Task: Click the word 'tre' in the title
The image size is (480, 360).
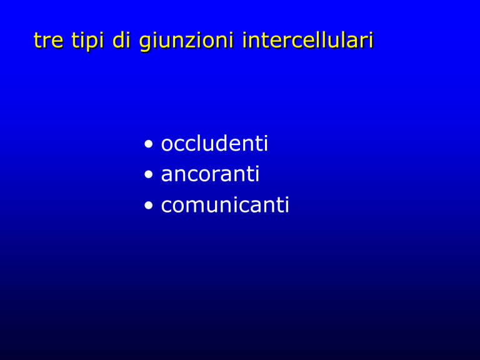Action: click(48, 41)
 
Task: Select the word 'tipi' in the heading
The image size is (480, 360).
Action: click(87, 41)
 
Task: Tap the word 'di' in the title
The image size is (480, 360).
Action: click(122, 40)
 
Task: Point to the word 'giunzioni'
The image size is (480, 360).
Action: click(186, 41)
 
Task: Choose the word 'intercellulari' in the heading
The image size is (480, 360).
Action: click(307, 40)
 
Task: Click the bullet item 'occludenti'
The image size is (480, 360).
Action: click(214, 143)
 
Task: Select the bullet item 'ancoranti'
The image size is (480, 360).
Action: click(210, 174)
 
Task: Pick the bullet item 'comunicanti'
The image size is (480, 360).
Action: click(225, 204)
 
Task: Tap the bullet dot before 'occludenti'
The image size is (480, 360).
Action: click(149, 144)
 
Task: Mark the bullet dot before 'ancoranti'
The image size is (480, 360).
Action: click(149, 174)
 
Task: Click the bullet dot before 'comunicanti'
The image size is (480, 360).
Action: click(149, 205)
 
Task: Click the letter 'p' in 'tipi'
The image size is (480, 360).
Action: click(90, 43)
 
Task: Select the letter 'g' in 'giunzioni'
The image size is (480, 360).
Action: click(145, 43)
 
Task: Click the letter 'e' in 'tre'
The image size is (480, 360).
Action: click(57, 42)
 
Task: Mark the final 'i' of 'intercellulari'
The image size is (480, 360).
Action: click(372, 40)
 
